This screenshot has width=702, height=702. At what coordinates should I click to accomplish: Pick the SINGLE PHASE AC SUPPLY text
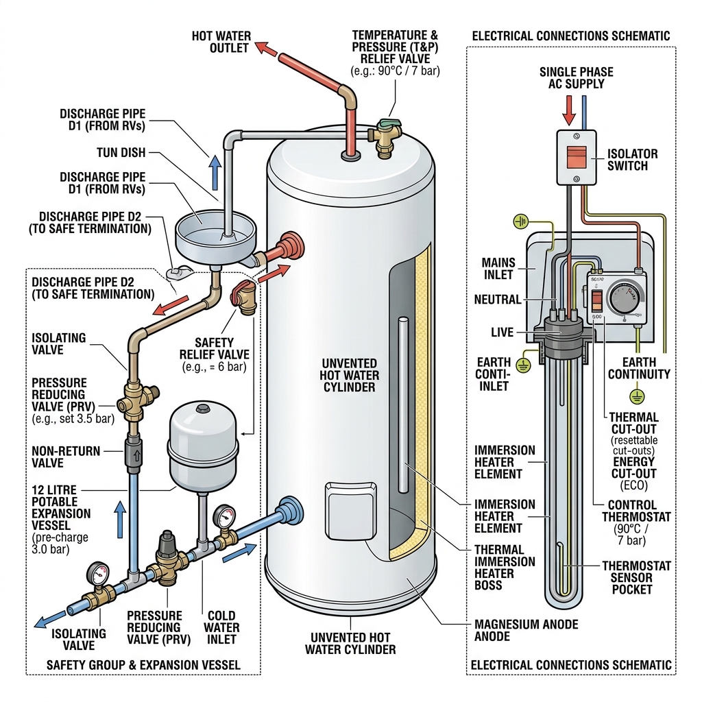576,77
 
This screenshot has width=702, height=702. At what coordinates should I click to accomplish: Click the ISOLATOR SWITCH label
632,160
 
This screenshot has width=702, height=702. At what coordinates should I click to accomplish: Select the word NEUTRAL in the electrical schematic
497,300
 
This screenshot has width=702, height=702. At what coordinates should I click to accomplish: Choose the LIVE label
502,332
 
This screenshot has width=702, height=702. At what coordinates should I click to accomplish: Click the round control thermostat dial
625,300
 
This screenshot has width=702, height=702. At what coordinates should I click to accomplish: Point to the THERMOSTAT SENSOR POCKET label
636,577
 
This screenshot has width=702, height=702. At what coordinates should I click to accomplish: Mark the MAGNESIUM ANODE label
526,630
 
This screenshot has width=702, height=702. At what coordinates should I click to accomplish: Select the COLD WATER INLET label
221,627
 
